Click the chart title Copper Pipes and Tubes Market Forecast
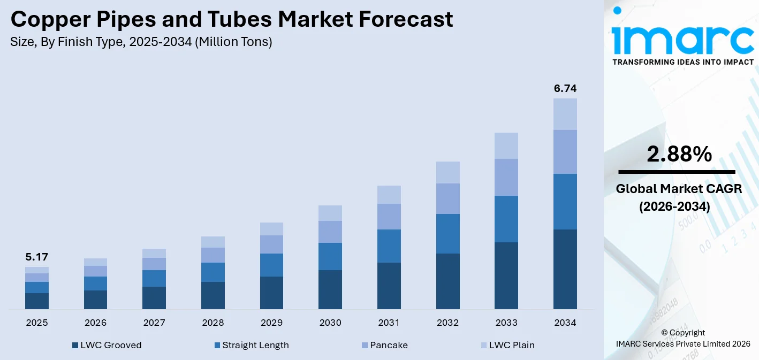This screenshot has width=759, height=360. pyautogui.click(x=231, y=20)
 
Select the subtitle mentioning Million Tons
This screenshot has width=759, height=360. pyautogui.click(x=141, y=42)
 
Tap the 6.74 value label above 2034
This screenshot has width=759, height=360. pyautogui.click(x=565, y=89)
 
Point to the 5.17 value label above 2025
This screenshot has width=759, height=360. pyautogui.click(x=36, y=257)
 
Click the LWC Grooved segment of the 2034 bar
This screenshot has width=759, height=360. pyautogui.click(x=565, y=269)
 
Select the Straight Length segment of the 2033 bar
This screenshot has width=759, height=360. pyautogui.click(x=506, y=219)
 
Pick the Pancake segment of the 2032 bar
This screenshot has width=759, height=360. pyautogui.click(x=447, y=198)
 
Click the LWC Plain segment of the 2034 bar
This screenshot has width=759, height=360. pyautogui.click(x=565, y=114)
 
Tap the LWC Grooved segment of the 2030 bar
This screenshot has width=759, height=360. pyautogui.click(x=330, y=289)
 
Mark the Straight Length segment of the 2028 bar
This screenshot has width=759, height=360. pyautogui.click(x=212, y=272)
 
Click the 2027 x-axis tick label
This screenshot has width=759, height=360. pyautogui.click(x=154, y=323)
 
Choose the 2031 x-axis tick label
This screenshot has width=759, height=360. pyautogui.click(x=389, y=323)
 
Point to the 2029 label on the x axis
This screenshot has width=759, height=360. pyautogui.click(x=271, y=323)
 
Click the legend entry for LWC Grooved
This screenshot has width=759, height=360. pyautogui.click(x=107, y=345)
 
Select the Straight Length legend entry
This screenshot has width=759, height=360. pyautogui.click(x=251, y=345)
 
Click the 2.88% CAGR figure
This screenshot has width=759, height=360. pyautogui.click(x=679, y=155)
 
